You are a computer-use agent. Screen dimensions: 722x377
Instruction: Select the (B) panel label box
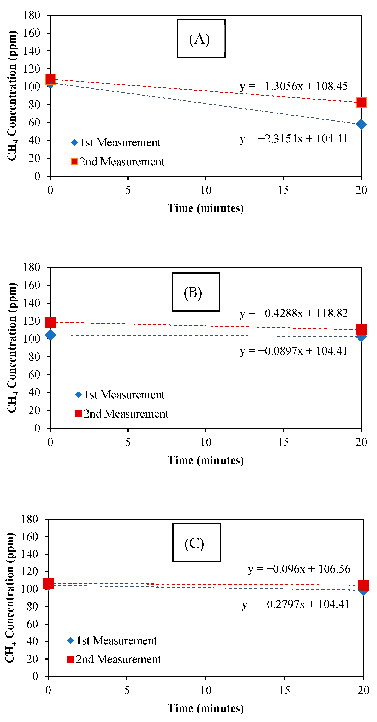(196, 292)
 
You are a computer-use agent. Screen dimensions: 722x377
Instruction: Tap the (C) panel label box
(196, 543)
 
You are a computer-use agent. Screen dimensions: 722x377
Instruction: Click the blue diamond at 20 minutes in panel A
(361, 124)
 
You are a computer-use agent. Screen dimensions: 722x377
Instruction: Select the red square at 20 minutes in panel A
(361, 103)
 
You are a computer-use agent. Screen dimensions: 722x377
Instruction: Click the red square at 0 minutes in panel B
(50, 322)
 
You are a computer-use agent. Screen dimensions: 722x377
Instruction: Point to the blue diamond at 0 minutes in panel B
(50, 335)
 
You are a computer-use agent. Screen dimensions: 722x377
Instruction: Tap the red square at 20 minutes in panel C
(363, 585)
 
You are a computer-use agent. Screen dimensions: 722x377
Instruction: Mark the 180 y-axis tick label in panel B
(32, 267)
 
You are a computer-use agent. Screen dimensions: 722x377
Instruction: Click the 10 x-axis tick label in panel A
(206, 190)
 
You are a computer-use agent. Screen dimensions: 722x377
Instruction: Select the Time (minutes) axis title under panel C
(206, 708)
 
